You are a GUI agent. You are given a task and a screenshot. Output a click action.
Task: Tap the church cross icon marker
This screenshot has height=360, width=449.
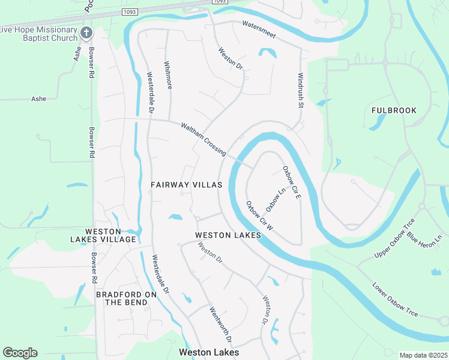coord(86,32)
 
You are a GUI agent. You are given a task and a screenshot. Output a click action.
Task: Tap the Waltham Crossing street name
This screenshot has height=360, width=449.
coord(203,139)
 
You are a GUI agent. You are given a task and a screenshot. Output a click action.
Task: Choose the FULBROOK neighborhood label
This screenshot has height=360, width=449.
coord(393,110)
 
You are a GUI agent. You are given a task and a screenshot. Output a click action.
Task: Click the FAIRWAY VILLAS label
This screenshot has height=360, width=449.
coord(186,185)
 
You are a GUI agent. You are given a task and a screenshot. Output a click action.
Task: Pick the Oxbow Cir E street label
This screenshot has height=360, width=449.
coord(291,182)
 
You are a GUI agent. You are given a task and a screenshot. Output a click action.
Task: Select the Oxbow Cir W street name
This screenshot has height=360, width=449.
coord(259,216)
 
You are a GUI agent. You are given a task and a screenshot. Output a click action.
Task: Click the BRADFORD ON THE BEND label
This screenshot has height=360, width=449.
coord(127,298)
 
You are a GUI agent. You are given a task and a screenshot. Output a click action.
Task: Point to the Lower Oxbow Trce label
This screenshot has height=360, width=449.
coord(394,300)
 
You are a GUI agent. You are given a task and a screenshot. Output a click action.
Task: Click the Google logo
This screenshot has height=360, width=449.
coord(20,353)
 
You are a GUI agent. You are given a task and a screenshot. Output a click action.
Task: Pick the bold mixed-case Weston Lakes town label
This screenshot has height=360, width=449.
coord(209,352)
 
